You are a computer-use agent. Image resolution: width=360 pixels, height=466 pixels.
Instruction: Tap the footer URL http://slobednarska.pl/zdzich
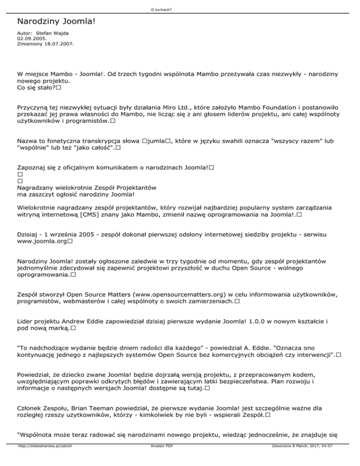tap(45, 459)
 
